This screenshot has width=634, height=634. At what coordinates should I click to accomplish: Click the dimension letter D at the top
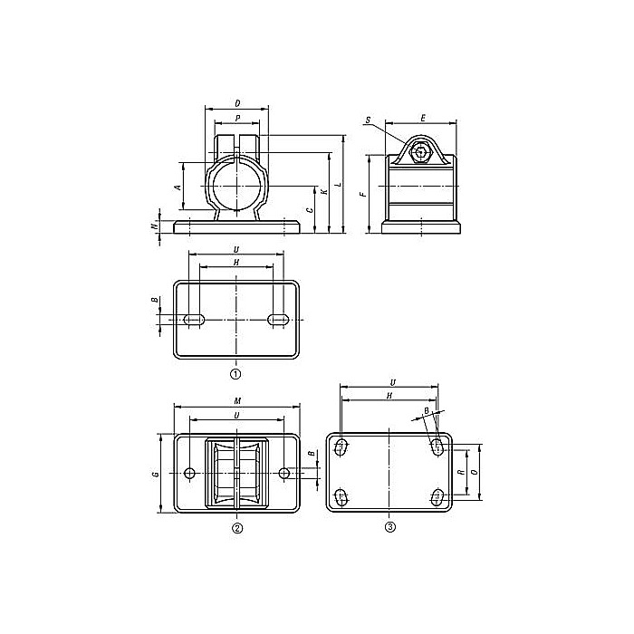[237, 103]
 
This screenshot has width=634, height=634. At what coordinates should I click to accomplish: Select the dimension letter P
[237, 118]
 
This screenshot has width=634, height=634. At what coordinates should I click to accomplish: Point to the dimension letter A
[178, 187]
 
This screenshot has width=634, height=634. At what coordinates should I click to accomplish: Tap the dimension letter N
[154, 226]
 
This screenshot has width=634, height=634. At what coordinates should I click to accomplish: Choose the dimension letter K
[323, 192]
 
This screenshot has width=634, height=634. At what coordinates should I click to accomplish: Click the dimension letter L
[338, 185]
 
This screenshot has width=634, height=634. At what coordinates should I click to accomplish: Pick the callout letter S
[369, 120]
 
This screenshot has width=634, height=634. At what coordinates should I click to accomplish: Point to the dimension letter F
[362, 193]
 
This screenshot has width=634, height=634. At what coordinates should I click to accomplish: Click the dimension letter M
[237, 402]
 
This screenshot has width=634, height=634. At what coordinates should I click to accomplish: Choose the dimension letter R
[461, 473]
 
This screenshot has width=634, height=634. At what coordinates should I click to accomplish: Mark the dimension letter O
[476, 473]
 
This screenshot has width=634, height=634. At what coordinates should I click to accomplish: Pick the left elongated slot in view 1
[194, 318]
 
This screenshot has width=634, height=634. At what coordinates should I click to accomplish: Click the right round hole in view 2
[285, 473]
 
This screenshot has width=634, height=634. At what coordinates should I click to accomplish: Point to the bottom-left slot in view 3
[342, 495]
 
